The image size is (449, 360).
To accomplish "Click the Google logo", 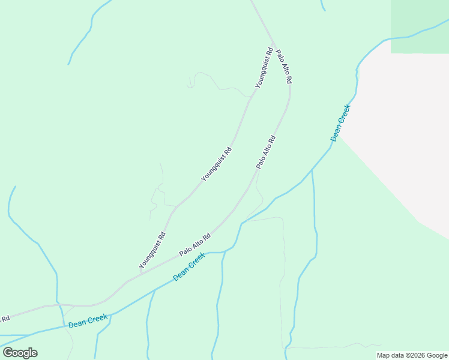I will pos(20,353).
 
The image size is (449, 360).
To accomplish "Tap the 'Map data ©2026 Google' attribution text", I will pos(412,355).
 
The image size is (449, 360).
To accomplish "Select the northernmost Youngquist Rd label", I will pos(264,68).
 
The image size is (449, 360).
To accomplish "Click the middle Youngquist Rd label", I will pos(216,164).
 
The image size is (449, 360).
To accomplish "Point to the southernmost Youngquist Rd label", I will pos(152,250).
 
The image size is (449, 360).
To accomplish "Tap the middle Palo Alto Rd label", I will pos(266,152).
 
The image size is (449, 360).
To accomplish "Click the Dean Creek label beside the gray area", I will pos(340,123).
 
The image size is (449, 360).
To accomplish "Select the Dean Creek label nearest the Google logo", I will pos(88,321).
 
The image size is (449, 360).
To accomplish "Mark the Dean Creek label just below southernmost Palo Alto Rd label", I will pos(189,267).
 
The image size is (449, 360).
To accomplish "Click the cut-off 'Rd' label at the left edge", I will pos(5,318).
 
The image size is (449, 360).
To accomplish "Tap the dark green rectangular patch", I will pos(420,26).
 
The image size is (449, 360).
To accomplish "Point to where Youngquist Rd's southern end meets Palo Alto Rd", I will pos(140,274).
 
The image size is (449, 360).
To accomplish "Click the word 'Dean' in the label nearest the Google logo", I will pos(77,323).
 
